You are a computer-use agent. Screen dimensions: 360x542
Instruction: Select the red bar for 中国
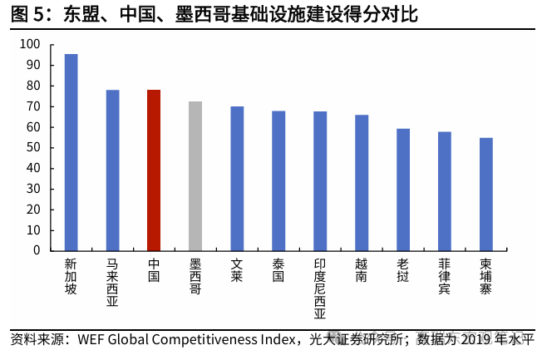click(154, 170)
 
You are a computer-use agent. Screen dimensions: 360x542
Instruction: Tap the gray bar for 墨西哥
click(195, 175)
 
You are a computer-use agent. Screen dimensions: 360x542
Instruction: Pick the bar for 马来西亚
click(112, 170)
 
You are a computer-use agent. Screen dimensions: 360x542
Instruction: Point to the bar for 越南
click(362, 182)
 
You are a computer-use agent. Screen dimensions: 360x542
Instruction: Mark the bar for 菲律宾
click(445, 190)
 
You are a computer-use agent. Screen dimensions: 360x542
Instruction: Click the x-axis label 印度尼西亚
click(320, 288)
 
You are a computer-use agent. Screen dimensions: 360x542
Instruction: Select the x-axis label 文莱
click(237, 270)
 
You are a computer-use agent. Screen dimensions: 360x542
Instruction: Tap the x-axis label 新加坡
click(71, 276)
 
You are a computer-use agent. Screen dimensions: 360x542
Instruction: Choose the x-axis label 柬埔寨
click(486, 276)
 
